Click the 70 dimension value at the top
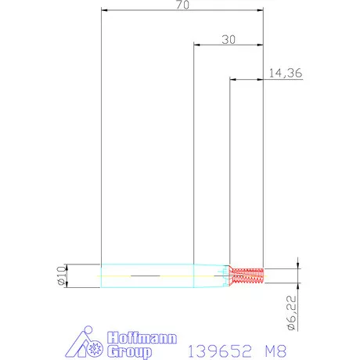(x=183, y=5)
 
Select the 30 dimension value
(x=229, y=38)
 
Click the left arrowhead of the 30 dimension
(x=196, y=45)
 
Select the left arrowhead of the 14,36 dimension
(x=232, y=79)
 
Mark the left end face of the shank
(x=102, y=275)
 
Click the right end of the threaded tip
(x=264, y=275)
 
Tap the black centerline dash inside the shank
(x=149, y=276)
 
